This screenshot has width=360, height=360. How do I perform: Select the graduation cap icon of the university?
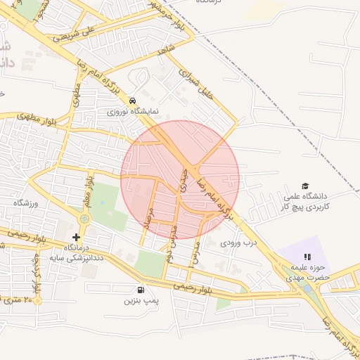click(304, 186)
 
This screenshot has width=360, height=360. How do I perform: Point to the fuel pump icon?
click(141, 290)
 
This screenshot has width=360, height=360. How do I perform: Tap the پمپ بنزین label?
click(138, 301)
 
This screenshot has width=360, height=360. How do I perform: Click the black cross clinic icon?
click(77, 237)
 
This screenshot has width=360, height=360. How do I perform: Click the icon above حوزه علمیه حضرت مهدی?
click(307, 257)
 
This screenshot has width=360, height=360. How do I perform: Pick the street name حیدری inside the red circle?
click(184, 179)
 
